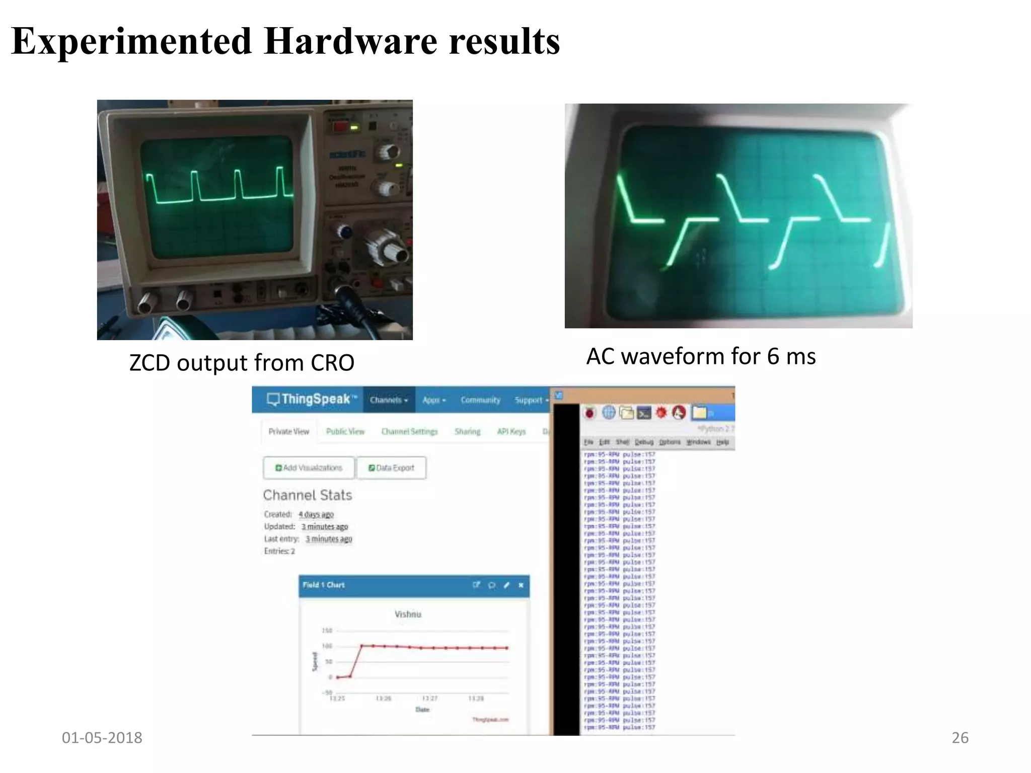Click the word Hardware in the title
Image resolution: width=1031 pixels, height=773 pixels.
(x=350, y=41)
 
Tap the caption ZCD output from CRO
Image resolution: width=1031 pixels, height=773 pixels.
(x=242, y=363)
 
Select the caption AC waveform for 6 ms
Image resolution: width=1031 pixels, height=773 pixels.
(x=701, y=356)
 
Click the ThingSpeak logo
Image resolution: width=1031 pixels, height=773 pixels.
(x=311, y=399)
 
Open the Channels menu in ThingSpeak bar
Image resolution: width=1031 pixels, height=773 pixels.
(x=388, y=400)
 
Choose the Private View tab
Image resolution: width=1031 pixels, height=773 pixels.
(x=288, y=431)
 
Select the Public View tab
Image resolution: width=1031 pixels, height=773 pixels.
(x=345, y=431)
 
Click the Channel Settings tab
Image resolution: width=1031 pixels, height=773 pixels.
(x=409, y=431)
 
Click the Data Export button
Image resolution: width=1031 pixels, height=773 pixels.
(x=391, y=468)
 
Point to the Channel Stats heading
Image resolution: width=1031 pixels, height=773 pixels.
(x=308, y=495)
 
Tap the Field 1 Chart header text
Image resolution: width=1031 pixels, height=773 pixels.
(x=324, y=585)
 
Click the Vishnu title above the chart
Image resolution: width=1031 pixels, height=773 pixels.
(x=408, y=614)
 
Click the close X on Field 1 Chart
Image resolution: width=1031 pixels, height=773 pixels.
(x=521, y=585)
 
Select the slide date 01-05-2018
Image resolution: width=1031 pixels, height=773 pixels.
(x=102, y=738)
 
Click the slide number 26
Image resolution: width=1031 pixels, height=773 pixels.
(x=960, y=738)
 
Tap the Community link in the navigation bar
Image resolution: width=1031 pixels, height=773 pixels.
(x=480, y=400)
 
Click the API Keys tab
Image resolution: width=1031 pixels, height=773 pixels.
(x=511, y=431)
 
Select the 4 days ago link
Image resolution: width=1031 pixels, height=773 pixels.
(x=316, y=514)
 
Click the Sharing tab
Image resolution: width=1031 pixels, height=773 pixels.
(x=467, y=431)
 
